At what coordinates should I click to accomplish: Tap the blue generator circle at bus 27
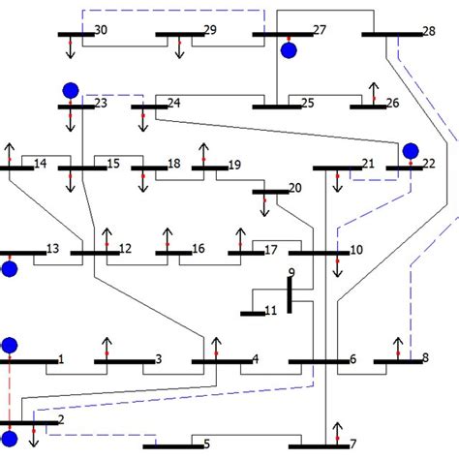click(x=289, y=50)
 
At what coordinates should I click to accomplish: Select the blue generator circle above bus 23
click(x=70, y=90)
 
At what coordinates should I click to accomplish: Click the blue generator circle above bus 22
click(x=411, y=151)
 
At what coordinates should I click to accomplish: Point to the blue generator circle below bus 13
click(x=10, y=269)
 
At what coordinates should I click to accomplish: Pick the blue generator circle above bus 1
click(x=10, y=345)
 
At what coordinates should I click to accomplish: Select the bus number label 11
click(x=270, y=310)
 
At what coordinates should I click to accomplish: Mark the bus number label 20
click(x=294, y=187)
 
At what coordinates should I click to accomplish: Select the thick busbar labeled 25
click(x=276, y=107)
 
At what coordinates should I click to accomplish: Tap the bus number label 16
click(x=199, y=249)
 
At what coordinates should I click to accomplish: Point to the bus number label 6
click(x=352, y=358)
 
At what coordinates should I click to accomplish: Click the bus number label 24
click(x=173, y=103)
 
